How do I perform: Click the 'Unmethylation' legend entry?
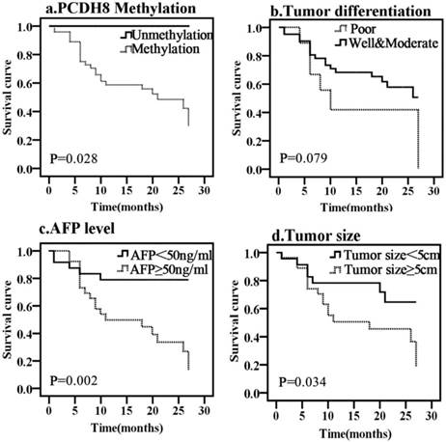click(170, 35)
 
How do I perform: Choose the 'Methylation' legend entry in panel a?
click(164, 47)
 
